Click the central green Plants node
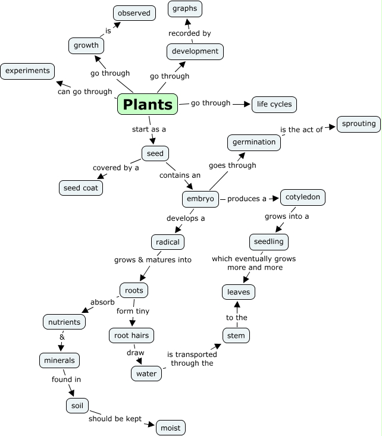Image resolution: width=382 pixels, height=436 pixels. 148,104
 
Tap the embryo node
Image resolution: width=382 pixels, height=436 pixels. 201,199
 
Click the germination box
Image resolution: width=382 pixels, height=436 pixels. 254,142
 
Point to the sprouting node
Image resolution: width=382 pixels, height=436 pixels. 359,124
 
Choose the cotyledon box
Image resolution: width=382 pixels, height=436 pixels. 303,197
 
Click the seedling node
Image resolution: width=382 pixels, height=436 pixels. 269,241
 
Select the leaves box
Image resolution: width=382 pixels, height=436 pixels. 239,292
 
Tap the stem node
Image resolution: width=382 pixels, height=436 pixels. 236,335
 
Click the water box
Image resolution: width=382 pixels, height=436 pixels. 146,374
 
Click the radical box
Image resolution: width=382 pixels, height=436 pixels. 168,242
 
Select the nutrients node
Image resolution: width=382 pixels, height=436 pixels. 64,322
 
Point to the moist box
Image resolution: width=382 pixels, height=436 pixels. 171,427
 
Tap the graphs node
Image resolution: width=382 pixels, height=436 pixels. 185,9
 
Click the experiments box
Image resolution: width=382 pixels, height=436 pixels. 27,71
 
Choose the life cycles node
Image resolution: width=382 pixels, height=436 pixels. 274,104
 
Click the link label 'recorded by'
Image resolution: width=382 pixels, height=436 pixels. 190,33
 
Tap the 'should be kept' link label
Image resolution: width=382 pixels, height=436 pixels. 115,419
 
